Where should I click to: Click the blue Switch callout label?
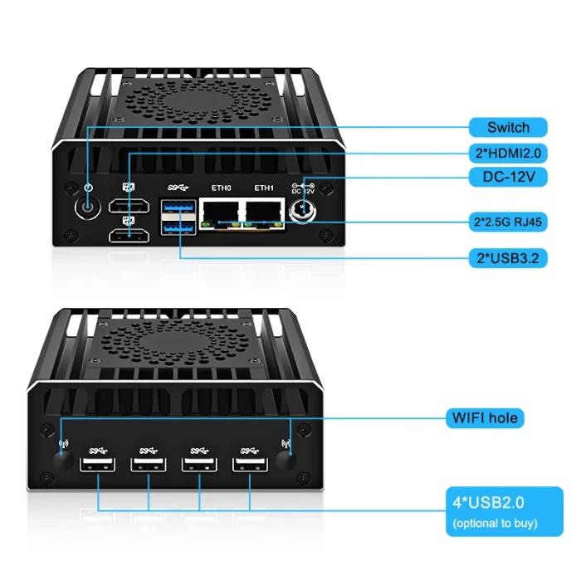tap(508, 128)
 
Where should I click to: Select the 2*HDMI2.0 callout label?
tap(508, 153)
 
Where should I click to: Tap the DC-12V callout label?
tap(508, 177)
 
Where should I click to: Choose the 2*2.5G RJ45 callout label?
tap(508, 222)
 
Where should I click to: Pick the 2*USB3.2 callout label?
tap(508, 258)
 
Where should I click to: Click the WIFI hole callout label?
tap(485, 418)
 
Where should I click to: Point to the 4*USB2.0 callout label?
tap(505, 511)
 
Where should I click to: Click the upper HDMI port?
tap(129, 206)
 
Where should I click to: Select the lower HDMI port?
tap(129, 236)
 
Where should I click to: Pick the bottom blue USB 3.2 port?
tap(178, 227)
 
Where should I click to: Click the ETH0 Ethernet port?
tap(221, 214)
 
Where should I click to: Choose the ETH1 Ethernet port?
tap(264, 214)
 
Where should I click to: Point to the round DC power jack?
tap(302, 212)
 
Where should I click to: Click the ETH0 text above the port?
tap(222, 188)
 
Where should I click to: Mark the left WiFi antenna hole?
tap(63, 461)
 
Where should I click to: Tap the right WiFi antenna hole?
tap(286, 461)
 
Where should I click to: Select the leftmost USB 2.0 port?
tap(97, 465)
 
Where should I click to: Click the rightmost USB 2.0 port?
tap(250, 465)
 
